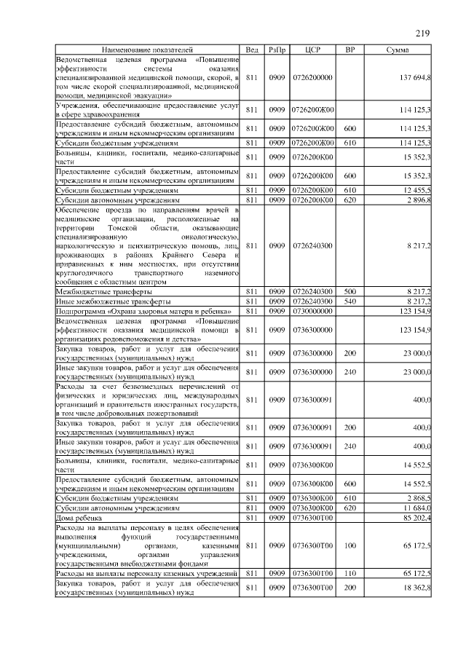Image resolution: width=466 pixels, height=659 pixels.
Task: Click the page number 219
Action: click(424, 33)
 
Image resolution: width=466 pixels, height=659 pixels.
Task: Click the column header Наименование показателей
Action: click(148, 50)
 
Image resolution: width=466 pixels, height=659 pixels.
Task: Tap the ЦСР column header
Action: click(313, 50)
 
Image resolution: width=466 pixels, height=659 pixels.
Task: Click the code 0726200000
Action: click(313, 77)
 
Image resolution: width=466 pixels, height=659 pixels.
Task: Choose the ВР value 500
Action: click(349, 291)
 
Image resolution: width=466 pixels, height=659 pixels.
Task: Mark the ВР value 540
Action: click(349, 301)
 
